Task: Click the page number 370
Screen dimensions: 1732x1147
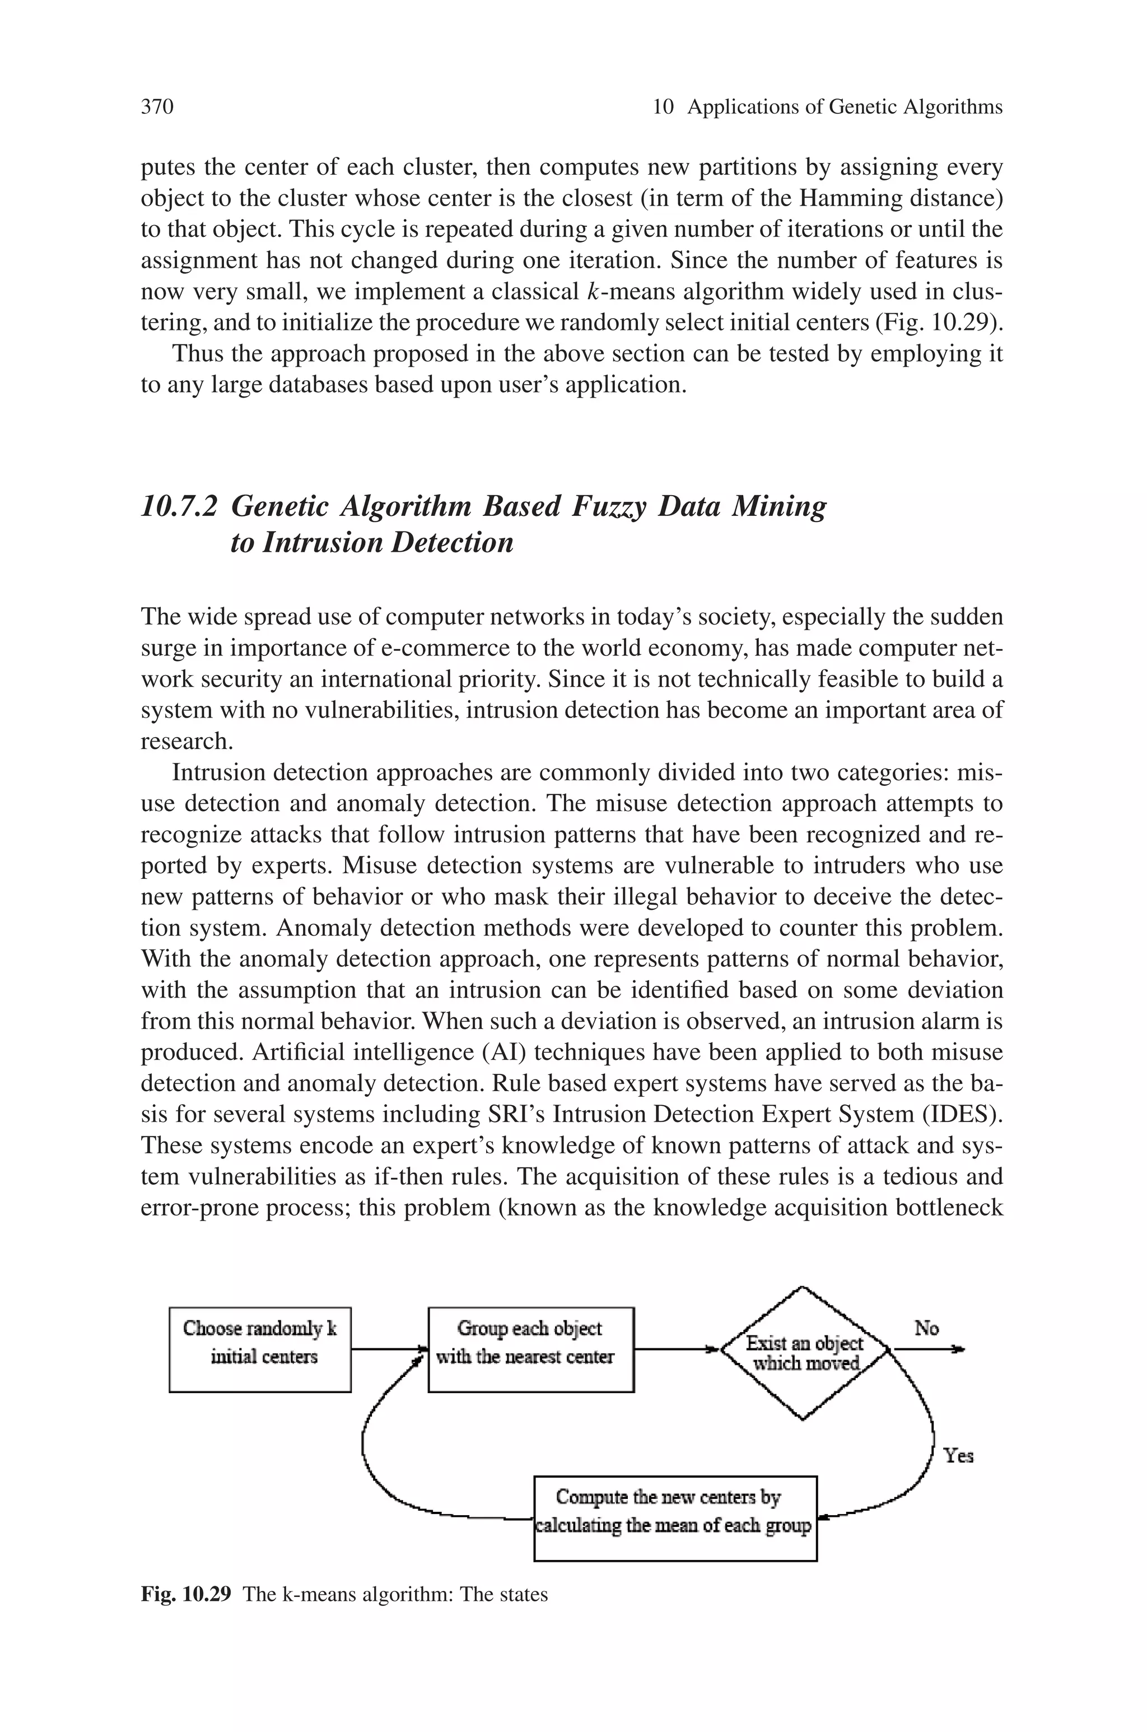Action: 157,108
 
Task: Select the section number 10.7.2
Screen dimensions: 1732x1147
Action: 179,506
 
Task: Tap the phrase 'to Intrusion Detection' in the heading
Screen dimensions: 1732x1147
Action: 372,543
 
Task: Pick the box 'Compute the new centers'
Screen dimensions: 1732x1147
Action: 674,1519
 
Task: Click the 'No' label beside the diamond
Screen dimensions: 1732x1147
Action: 926,1328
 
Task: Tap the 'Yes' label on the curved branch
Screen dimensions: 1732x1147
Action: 958,1455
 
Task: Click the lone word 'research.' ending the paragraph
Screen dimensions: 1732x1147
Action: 186,742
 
